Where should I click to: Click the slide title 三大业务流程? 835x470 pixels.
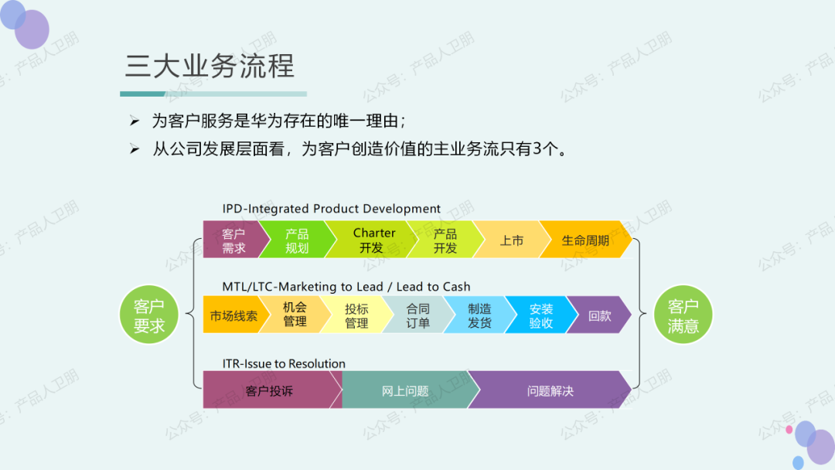click(210, 66)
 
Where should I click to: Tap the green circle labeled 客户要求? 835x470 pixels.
click(149, 316)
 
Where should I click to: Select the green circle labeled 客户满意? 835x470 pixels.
click(683, 316)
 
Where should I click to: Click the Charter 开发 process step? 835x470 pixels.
click(373, 240)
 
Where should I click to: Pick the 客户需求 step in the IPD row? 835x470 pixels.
click(233, 240)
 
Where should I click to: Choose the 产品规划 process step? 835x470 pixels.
click(297, 240)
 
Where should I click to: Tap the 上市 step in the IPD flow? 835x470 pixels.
click(511, 240)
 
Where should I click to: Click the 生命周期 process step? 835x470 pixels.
click(585, 240)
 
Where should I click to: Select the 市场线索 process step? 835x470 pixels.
click(233, 315)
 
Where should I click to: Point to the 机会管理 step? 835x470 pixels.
click(295, 315)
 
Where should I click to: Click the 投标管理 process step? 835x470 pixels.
click(356, 315)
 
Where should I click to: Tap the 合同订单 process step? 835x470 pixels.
click(418, 315)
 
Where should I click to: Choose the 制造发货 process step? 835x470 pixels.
click(479, 315)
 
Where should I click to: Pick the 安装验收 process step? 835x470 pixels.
click(541, 315)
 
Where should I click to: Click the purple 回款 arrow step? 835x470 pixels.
click(599, 315)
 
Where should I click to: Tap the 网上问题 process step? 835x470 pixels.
click(405, 390)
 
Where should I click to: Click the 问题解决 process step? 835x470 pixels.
click(550, 390)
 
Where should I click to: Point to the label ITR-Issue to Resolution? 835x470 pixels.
click(284, 363)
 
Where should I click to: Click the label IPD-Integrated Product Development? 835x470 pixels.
click(331, 209)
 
